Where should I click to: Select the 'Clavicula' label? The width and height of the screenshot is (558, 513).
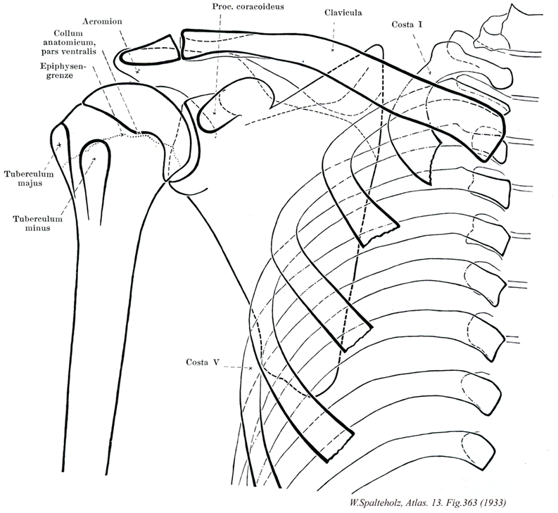pos(344,13)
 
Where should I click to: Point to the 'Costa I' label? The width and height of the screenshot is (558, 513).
pos(407,25)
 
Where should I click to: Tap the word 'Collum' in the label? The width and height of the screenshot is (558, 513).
pos(70,33)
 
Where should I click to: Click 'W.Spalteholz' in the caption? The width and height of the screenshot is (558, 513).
pos(376,502)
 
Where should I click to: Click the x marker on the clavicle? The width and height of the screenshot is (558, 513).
pos(331,50)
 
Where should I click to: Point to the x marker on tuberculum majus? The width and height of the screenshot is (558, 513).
pos(59,145)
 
